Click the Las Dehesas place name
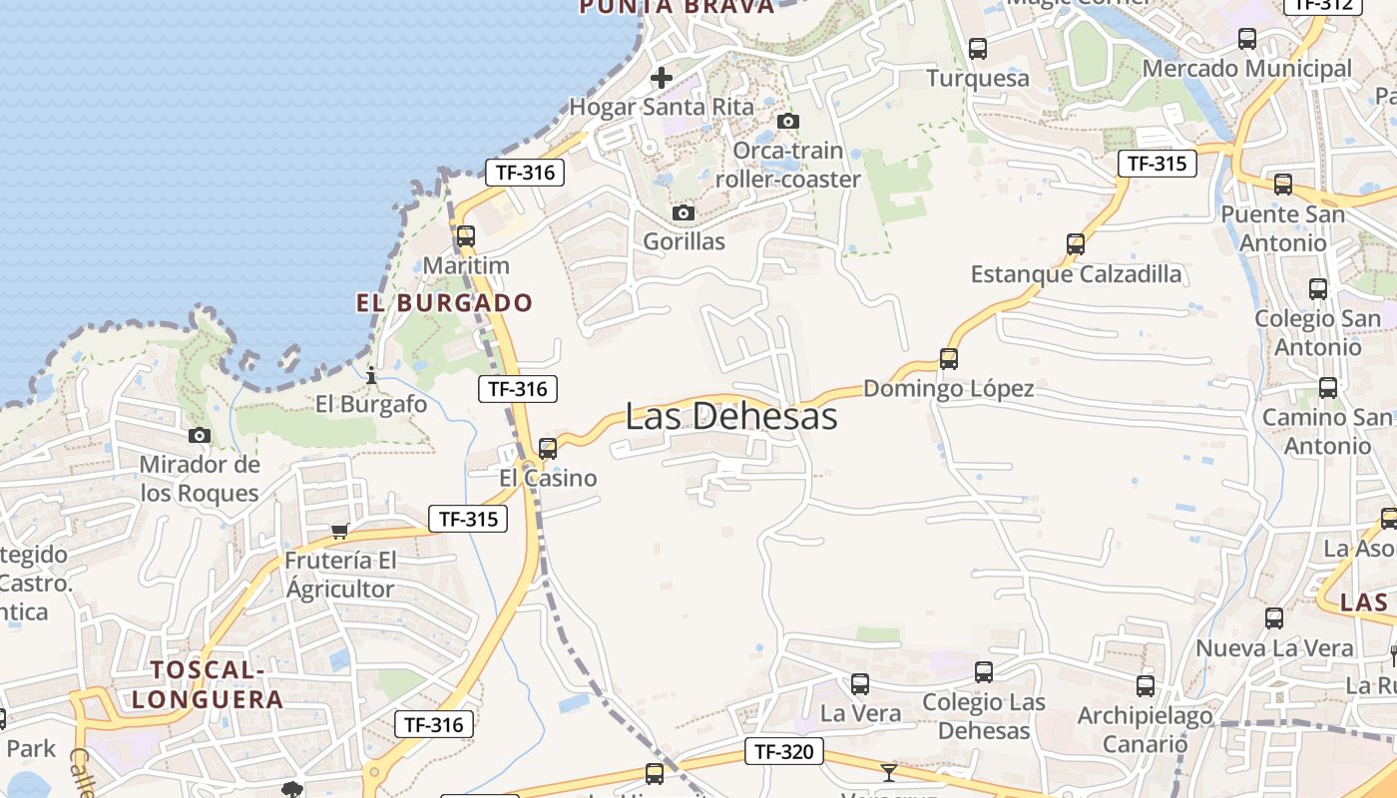click(730, 417)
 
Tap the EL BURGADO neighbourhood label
click(444, 302)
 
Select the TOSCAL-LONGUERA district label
click(208, 684)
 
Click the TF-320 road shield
click(783, 751)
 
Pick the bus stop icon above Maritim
click(465, 236)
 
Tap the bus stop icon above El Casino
click(547, 449)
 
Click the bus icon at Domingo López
click(948, 358)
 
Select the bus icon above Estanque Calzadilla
click(1075, 243)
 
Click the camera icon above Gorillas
click(683, 212)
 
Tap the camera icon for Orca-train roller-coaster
click(787, 121)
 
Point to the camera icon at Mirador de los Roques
click(200, 435)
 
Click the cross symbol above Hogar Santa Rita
click(661, 77)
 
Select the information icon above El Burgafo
click(371, 375)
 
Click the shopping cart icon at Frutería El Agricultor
click(339, 531)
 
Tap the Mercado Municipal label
click(1246, 69)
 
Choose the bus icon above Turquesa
click(977, 48)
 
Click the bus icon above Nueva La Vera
click(1273, 617)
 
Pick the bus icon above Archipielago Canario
click(1145, 685)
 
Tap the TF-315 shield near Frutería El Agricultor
click(467, 519)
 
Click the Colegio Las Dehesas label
click(983, 716)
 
